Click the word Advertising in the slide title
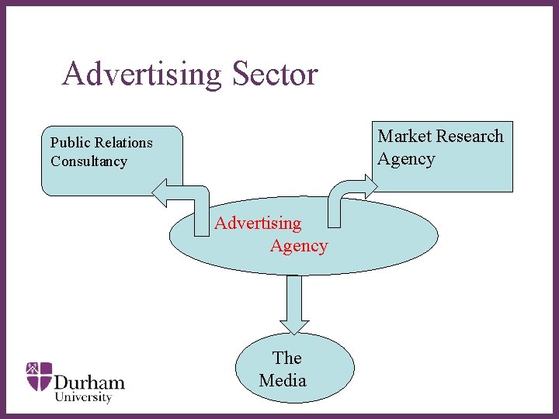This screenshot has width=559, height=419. point(141,74)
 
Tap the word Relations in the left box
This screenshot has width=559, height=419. point(123,143)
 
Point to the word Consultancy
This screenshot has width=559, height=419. point(89,161)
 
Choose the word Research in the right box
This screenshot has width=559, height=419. point(470,137)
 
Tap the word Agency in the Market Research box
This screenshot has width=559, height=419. point(406,159)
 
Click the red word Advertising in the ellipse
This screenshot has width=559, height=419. point(258,223)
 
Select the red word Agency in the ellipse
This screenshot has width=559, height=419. point(299,246)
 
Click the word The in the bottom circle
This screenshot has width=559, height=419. point(286,358)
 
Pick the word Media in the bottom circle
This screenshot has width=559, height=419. point(283,380)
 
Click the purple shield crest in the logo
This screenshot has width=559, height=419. point(39,376)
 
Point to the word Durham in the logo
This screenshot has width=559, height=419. point(89,382)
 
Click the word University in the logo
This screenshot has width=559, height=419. point(83,397)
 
